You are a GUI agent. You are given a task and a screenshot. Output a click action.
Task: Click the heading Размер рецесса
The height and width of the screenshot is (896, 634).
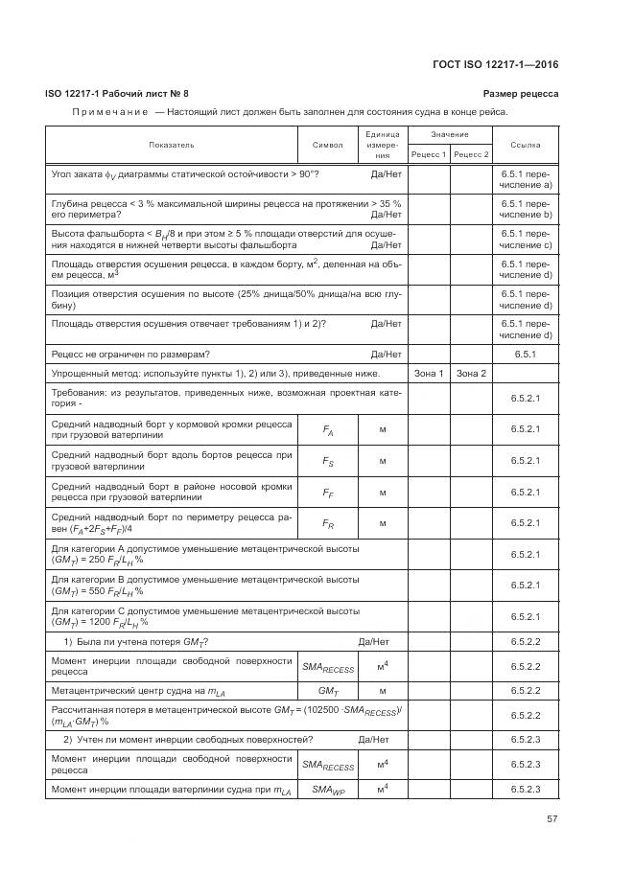click(x=521, y=93)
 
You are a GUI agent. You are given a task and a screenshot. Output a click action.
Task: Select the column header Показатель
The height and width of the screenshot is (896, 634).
click(x=172, y=145)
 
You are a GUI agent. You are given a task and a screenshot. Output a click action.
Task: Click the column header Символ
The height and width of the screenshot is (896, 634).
click(x=328, y=145)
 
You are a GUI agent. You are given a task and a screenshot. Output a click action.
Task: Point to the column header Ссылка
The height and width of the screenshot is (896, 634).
click(x=526, y=145)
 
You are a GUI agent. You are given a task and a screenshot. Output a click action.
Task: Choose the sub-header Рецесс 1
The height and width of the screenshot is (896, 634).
click(x=429, y=154)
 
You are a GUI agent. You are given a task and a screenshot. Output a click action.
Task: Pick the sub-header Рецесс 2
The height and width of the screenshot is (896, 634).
click(x=471, y=154)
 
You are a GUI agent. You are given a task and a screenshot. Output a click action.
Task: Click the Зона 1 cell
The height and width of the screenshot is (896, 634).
click(x=428, y=373)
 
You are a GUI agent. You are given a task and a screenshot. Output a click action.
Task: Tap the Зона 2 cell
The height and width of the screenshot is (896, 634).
click(x=471, y=373)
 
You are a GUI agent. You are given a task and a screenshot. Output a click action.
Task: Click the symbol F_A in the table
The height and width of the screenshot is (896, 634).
click(x=328, y=430)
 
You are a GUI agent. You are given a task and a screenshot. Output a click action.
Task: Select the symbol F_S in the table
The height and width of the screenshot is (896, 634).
click(x=328, y=461)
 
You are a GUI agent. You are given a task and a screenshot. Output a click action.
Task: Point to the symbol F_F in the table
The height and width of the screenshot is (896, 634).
click(x=328, y=493)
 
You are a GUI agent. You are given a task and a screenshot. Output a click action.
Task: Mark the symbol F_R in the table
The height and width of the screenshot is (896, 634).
click(x=328, y=523)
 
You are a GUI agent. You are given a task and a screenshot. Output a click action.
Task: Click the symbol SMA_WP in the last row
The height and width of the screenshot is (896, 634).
click(x=328, y=789)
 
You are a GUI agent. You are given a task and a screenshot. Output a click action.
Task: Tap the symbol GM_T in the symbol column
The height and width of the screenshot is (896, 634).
click(x=328, y=690)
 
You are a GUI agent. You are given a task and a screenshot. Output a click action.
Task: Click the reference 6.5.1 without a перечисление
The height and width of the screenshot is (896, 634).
click(x=526, y=354)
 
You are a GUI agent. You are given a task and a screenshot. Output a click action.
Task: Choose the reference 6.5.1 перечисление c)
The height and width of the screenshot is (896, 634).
click(x=526, y=239)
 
